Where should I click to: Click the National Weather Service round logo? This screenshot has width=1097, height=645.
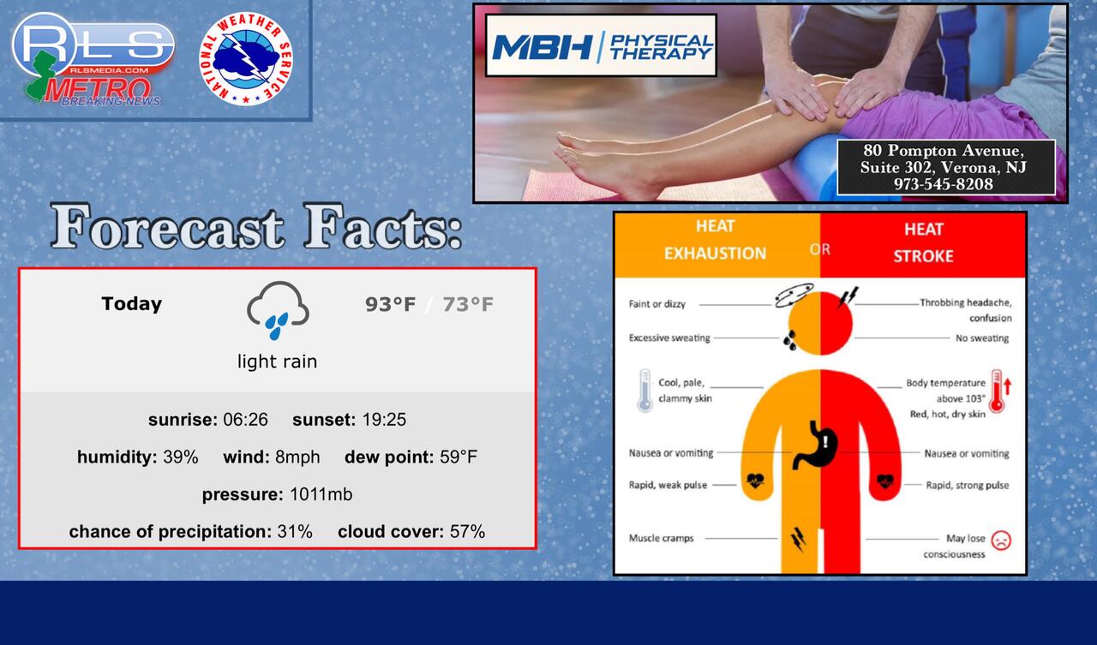[x=246, y=59]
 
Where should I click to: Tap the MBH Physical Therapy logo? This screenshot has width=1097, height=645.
[x=601, y=45]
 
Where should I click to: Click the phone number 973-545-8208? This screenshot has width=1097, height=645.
[x=944, y=184]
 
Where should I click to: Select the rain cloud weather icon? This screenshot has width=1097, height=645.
[x=278, y=310]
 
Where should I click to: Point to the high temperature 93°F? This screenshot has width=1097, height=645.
[x=390, y=304]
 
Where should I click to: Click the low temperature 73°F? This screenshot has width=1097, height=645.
[x=468, y=304]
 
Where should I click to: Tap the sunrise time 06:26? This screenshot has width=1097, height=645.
[x=245, y=420]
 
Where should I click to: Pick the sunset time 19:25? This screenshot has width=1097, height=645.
[x=384, y=420]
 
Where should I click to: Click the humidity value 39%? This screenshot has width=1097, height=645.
[x=180, y=457]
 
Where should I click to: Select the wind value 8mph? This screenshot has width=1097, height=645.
[x=297, y=457]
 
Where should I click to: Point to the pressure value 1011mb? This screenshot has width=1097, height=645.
[x=321, y=494]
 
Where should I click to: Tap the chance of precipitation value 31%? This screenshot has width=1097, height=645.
[x=294, y=531]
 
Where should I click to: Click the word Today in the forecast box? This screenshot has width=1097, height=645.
[x=131, y=304]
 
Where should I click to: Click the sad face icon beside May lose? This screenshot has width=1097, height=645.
[x=1001, y=540]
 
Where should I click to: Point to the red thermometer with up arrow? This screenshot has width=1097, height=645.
[x=1000, y=391]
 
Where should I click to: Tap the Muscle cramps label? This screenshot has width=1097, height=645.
[x=661, y=538]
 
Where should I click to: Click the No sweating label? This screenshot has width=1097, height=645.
[x=982, y=338]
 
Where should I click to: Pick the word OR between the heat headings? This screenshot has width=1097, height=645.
[x=820, y=249]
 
